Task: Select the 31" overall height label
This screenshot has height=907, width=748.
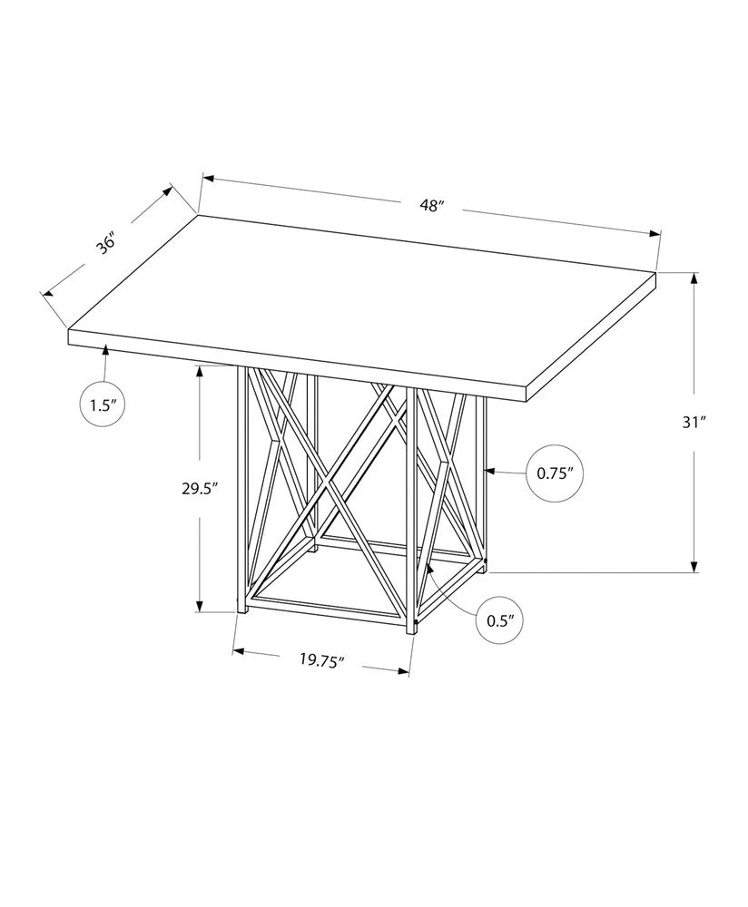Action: pos(694,423)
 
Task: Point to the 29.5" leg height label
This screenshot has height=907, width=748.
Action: pos(200,488)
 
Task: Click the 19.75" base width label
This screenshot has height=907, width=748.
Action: pos(322,660)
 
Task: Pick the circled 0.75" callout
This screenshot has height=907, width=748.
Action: pos(553,473)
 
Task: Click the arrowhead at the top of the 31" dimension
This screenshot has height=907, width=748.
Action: pos(694,278)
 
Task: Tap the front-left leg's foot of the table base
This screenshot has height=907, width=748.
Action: pos(241,610)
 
